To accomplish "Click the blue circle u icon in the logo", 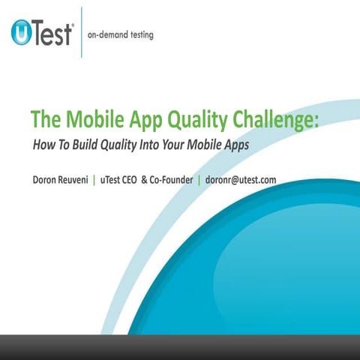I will point(22,34).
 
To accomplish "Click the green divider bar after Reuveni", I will point(115,180).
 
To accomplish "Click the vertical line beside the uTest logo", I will point(80,34).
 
